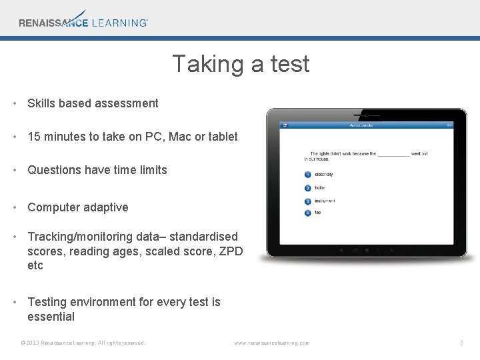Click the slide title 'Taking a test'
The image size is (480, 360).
(x=241, y=64)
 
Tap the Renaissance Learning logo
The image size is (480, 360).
(x=83, y=20)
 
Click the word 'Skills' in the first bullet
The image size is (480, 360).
(x=41, y=103)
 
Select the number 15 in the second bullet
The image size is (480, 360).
(x=34, y=137)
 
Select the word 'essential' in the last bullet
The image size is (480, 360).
(x=51, y=317)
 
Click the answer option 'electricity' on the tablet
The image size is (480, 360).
(x=324, y=175)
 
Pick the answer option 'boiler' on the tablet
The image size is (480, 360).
(x=320, y=188)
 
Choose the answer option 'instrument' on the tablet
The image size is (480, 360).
(x=325, y=201)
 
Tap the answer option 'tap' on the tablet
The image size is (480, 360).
(x=317, y=213)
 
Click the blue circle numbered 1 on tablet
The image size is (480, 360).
(x=307, y=175)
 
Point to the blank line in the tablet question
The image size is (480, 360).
(x=393, y=154)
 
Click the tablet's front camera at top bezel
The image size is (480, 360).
(x=366, y=115)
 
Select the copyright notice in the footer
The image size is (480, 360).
(x=83, y=343)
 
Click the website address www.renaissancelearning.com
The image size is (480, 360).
(x=271, y=343)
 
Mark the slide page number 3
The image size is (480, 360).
(x=461, y=343)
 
